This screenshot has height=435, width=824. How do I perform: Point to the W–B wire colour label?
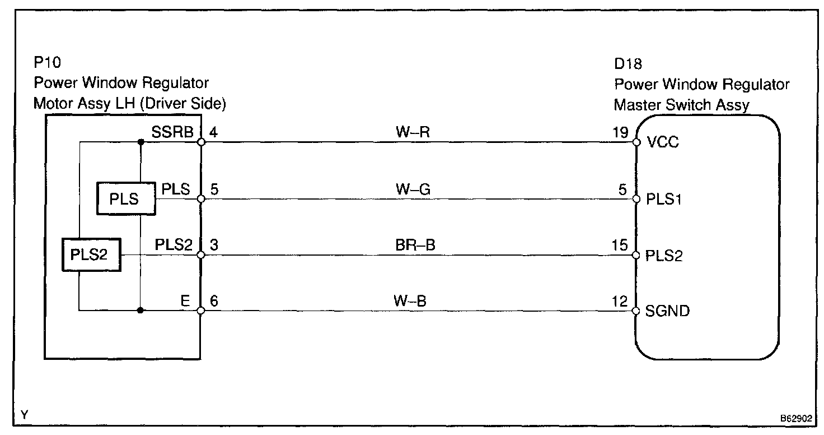tap(411, 302)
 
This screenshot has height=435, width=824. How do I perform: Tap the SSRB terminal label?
tap(172, 133)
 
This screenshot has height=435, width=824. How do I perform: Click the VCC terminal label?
tap(663, 142)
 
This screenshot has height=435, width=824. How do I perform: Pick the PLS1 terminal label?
tap(664, 199)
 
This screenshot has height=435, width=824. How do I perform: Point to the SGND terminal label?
tap(667, 311)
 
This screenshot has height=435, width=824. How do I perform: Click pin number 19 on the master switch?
tap(621, 133)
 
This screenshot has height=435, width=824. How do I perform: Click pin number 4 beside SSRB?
tap(213, 133)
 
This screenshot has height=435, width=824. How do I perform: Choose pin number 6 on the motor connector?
tap(213, 302)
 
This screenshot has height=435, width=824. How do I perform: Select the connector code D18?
tap(628, 64)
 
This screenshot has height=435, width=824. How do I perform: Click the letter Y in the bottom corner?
tap(24, 415)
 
